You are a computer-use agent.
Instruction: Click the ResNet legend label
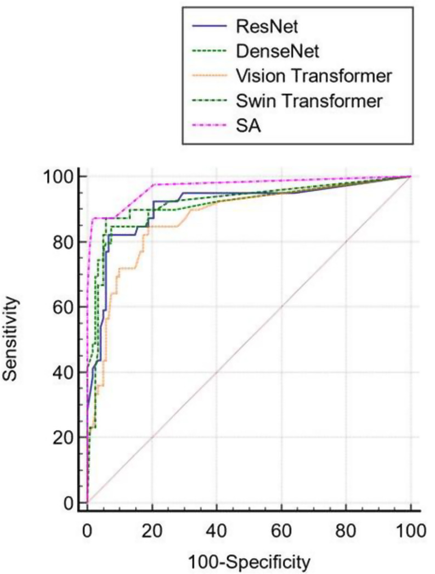click(x=267, y=26)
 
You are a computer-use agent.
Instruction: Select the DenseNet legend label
click(x=278, y=51)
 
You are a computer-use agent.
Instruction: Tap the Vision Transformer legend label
click(x=314, y=76)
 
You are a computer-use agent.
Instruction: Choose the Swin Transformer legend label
click(x=309, y=100)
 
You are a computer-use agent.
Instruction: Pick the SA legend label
click(x=248, y=126)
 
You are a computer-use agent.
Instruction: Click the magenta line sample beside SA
click(x=209, y=126)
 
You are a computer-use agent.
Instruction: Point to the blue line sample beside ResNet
click(x=209, y=26)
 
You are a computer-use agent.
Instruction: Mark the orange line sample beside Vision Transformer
click(x=209, y=76)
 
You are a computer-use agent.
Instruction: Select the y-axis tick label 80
click(x=63, y=242)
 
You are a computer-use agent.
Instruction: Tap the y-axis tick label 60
click(x=63, y=307)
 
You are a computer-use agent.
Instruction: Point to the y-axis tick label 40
click(x=63, y=373)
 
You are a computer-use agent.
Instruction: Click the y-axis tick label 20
click(x=63, y=438)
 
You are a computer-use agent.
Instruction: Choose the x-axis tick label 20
click(x=152, y=531)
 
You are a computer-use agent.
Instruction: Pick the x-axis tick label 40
click(x=217, y=531)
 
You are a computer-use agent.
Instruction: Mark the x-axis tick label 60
click(x=281, y=531)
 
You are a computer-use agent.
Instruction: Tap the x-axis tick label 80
click(x=346, y=531)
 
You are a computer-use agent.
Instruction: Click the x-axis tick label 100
click(x=410, y=531)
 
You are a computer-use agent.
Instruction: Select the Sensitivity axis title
click(x=11, y=339)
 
